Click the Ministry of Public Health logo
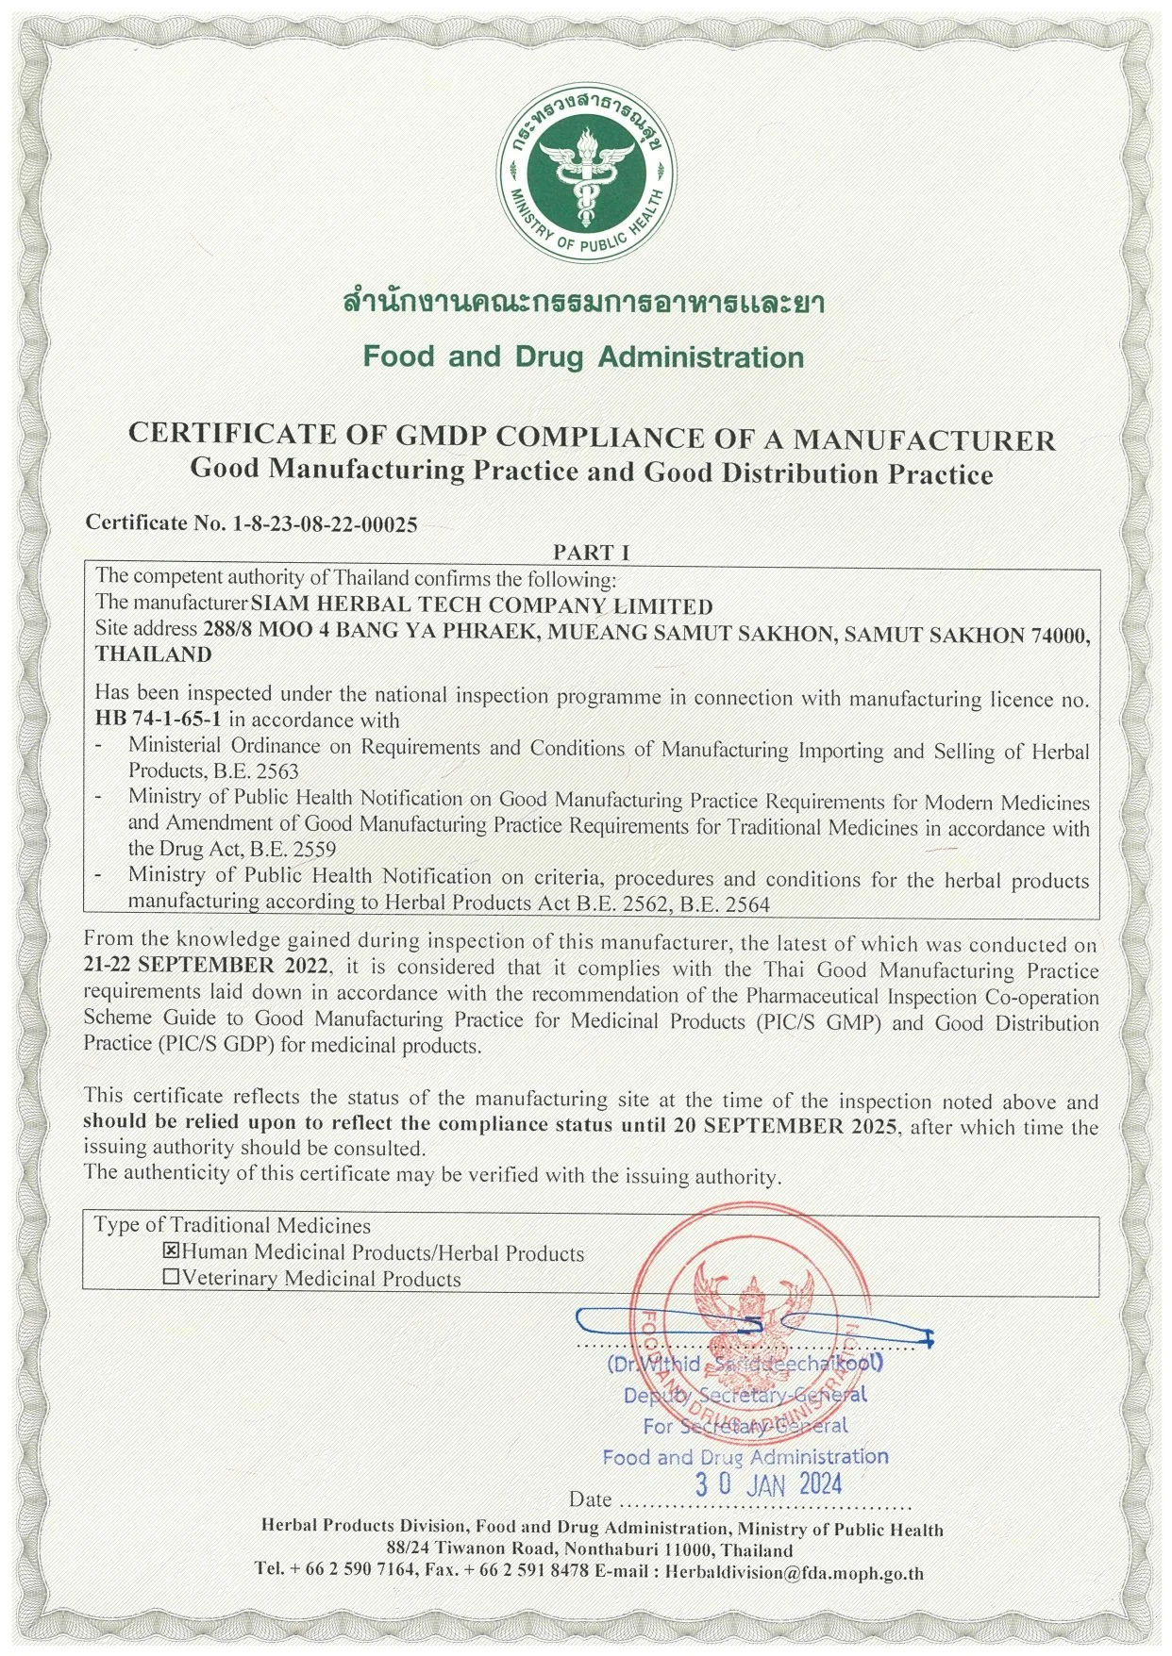click(x=586, y=177)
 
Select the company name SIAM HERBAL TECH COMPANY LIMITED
click(x=480, y=604)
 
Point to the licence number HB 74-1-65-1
click(x=151, y=720)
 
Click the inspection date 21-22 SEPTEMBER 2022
click(x=208, y=968)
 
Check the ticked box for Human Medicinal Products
click(x=172, y=1252)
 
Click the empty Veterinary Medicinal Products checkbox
click(x=172, y=1279)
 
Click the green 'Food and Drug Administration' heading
click(x=584, y=357)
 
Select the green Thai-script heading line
click(x=584, y=306)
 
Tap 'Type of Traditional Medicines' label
click(x=232, y=1225)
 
